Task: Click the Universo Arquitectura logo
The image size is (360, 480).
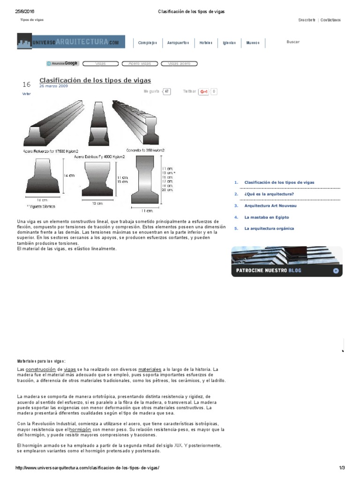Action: tap(71, 42)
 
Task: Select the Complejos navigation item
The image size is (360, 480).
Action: tap(147, 43)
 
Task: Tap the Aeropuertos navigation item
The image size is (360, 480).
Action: tap(178, 43)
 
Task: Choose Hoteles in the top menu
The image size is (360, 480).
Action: tap(206, 43)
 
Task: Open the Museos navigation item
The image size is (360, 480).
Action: tap(253, 43)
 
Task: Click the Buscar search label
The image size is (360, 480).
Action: tap(293, 42)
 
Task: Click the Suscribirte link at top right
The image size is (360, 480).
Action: tap(307, 20)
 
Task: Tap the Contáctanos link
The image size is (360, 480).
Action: tap(330, 20)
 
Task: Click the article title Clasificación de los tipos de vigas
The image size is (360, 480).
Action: tap(95, 80)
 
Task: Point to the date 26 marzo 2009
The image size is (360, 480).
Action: tap(53, 87)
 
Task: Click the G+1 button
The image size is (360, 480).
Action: tap(204, 92)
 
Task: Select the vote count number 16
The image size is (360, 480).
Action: tap(26, 84)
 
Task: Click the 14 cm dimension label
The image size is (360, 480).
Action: tap(69, 176)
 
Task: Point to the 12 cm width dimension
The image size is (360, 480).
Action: tap(97, 204)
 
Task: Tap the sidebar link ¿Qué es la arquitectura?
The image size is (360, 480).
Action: tap(269, 194)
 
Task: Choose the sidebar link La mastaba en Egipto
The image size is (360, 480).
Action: tap(266, 217)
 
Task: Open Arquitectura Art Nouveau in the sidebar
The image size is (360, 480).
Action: tap(270, 205)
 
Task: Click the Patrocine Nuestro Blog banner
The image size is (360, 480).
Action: tap(286, 262)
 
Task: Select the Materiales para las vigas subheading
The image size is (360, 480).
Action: tap(42, 361)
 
